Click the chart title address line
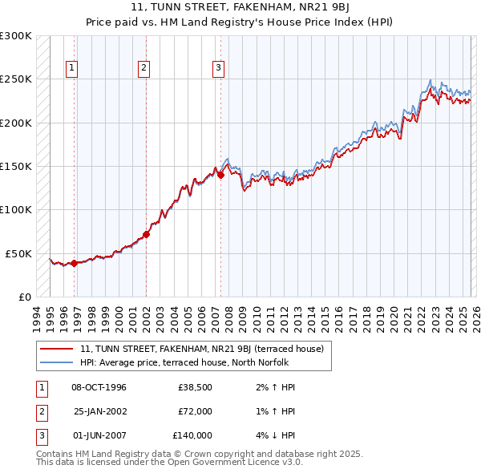click(240, 6)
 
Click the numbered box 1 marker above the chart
click(72, 69)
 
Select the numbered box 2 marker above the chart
click(143, 69)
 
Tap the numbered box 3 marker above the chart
click(217, 69)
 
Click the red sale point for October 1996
click(74, 263)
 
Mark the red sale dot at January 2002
click(147, 235)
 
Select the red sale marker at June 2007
click(220, 175)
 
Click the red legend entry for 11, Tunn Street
click(201, 349)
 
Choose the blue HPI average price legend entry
click(193, 362)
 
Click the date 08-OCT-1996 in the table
click(99, 387)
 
